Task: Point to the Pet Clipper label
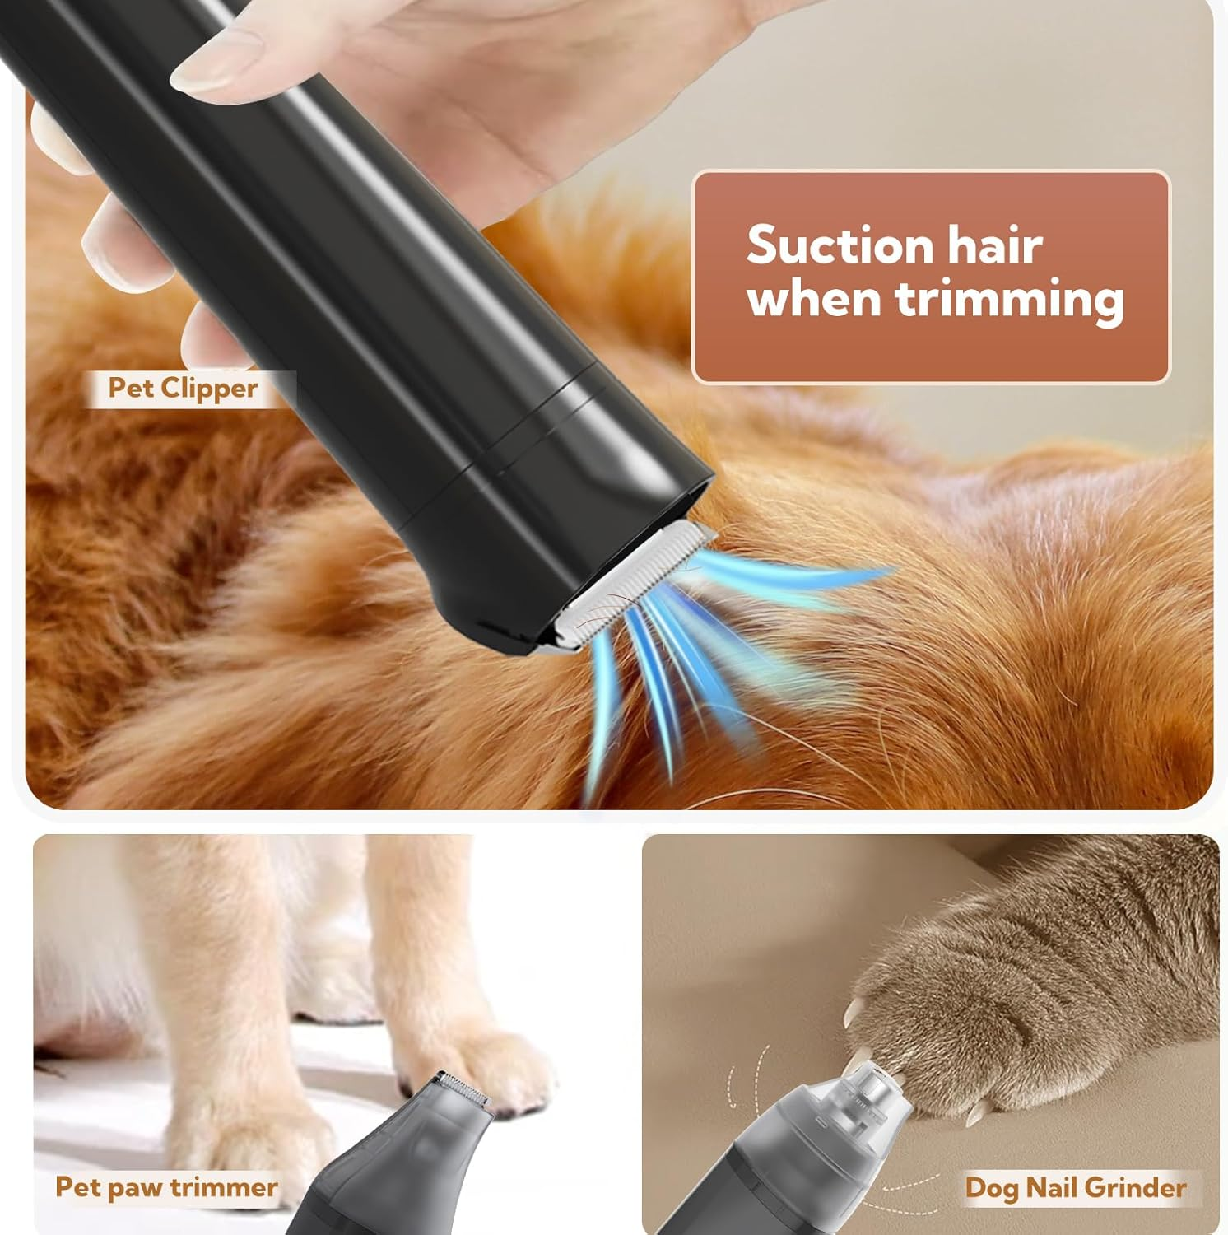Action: coord(183,388)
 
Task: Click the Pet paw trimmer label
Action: coord(166,1187)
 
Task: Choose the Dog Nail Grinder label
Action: coord(1075,1187)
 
